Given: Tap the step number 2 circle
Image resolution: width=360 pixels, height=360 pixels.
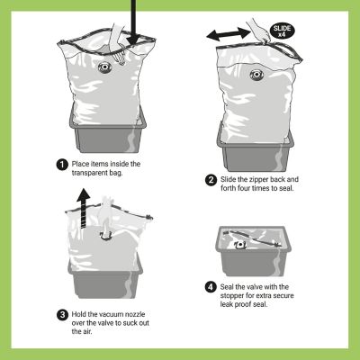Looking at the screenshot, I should tap(211, 179).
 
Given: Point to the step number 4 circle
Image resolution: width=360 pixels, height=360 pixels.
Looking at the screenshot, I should tap(211, 289).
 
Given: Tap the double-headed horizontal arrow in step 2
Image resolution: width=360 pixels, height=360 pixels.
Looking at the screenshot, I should tap(228, 33).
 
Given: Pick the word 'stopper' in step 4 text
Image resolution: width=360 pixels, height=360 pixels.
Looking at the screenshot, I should tap(237, 298).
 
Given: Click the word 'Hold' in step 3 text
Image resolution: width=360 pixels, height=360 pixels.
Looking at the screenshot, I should tap(81, 314).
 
